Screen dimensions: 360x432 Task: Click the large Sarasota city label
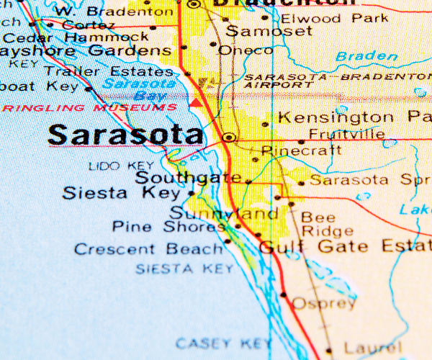click(x=126, y=135)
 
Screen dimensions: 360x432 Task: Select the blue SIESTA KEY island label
click(x=184, y=269)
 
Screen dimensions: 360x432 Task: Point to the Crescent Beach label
click(x=148, y=249)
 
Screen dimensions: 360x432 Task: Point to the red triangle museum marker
click(x=195, y=103)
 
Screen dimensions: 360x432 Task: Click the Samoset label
click(x=269, y=31)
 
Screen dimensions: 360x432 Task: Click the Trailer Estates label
click(x=108, y=71)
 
